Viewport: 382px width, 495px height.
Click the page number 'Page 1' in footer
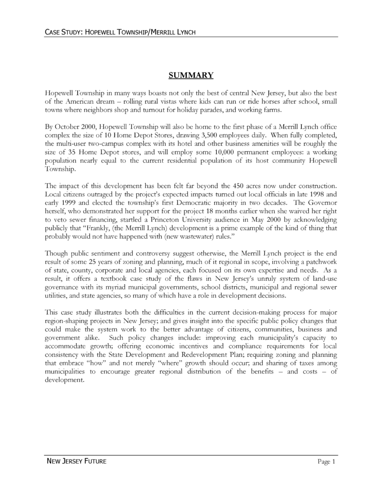326,462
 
